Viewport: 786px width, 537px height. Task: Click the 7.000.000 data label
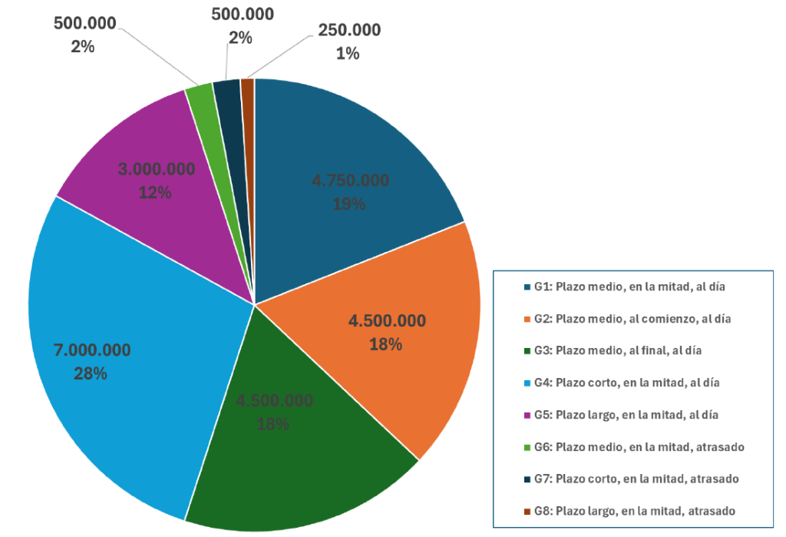pyautogui.click(x=92, y=350)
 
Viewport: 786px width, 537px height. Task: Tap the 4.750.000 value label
pyautogui.click(x=350, y=181)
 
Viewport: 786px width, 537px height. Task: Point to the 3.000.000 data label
pyautogui.click(x=155, y=170)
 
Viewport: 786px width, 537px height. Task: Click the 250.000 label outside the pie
pyautogui.click(x=348, y=30)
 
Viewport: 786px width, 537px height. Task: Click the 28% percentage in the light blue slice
pyautogui.click(x=90, y=374)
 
